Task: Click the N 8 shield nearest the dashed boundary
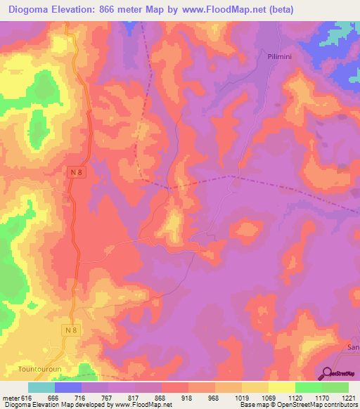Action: click(77, 172)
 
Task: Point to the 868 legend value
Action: click(161, 397)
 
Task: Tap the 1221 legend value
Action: click(348, 397)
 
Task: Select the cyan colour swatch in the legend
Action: click(41, 387)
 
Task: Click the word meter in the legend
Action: click(10, 397)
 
